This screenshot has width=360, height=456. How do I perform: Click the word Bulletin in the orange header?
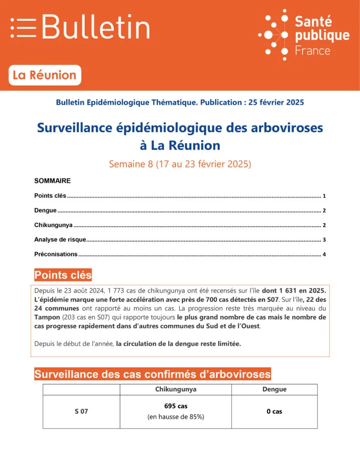[96, 27]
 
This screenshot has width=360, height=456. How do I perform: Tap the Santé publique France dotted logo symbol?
[274, 34]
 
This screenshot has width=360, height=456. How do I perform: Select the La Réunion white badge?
[45, 75]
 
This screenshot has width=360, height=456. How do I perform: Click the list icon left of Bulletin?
[23, 28]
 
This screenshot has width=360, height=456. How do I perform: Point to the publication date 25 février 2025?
[276, 103]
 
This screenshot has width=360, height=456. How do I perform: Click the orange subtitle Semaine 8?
[180, 164]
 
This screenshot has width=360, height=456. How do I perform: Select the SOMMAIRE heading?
[52, 181]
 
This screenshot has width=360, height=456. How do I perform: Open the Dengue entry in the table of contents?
[46, 211]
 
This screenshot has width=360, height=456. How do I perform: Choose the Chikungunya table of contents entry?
[53, 225]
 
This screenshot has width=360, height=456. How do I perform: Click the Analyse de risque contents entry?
[60, 240]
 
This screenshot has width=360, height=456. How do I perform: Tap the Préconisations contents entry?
[56, 254]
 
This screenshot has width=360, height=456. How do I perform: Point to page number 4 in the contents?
[324, 254]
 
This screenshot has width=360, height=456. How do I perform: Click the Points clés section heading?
[63, 275]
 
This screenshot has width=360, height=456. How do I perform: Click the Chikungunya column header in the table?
[176, 389]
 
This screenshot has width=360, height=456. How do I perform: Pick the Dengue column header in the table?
[274, 389]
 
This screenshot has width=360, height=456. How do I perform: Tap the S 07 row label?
[81, 411]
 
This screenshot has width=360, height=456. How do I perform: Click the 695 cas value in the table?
[176, 406]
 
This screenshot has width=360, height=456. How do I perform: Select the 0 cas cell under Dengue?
[274, 411]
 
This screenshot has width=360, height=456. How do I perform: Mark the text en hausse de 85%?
[176, 417]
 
